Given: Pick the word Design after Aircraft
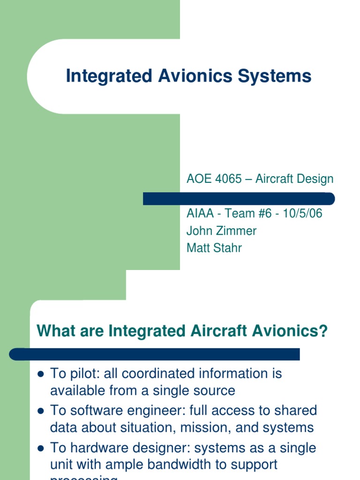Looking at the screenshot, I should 315,179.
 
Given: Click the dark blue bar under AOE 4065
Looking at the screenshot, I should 239,199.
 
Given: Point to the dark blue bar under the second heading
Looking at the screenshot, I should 155,354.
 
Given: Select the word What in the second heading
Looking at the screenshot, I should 54,331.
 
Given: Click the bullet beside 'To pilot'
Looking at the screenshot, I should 40,374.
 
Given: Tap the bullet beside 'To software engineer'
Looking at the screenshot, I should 40,411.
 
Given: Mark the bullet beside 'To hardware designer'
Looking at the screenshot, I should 40,448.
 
